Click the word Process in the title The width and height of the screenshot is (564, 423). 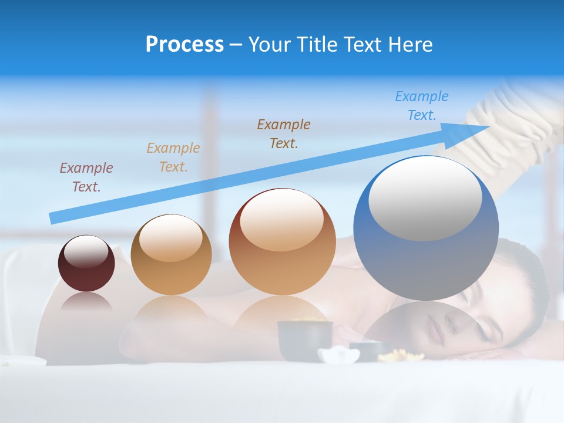[184, 45]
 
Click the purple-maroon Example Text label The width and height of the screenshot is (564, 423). [86, 177]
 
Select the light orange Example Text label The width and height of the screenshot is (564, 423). [173, 157]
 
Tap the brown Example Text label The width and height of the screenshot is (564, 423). [284, 133]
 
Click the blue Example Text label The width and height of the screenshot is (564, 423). [422, 105]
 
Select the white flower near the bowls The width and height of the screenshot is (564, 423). [339, 355]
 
